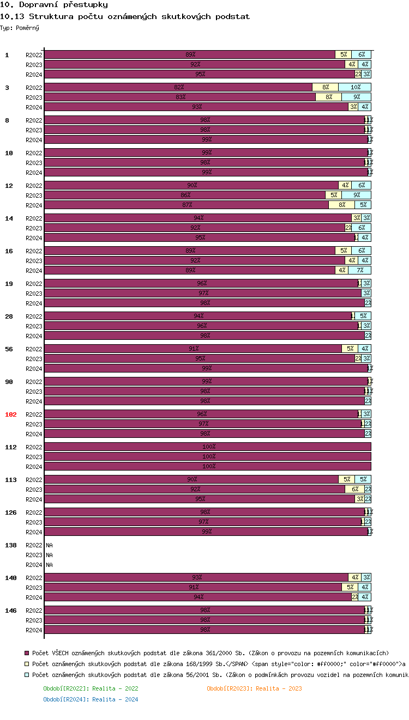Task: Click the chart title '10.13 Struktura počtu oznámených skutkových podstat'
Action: click(x=125, y=16)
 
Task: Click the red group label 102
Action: click(x=11, y=414)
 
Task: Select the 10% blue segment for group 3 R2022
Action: click(x=355, y=87)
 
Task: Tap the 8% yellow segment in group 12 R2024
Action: click(x=341, y=205)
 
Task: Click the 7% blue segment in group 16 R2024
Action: click(x=360, y=270)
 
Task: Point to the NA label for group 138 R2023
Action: click(x=49, y=555)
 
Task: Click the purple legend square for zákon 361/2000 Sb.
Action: click(x=26, y=652)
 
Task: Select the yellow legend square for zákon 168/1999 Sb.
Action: click(x=26, y=663)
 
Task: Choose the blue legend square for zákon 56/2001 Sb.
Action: click(x=26, y=675)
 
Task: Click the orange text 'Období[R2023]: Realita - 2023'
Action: click(x=254, y=688)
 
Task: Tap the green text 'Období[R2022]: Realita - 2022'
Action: click(x=91, y=688)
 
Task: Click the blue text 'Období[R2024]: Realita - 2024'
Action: click(x=91, y=699)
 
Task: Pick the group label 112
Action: click(x=11, y=447)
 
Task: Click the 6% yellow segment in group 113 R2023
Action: click(x=354, y=489)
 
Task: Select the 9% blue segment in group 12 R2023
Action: click(x=357, y=195)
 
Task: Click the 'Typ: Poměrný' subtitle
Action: click(x=20, y=27)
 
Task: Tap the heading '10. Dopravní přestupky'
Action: click(x=53, y=5)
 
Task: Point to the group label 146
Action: click(x=11, y=611)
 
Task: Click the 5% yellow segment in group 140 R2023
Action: click(x=350, y=587)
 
